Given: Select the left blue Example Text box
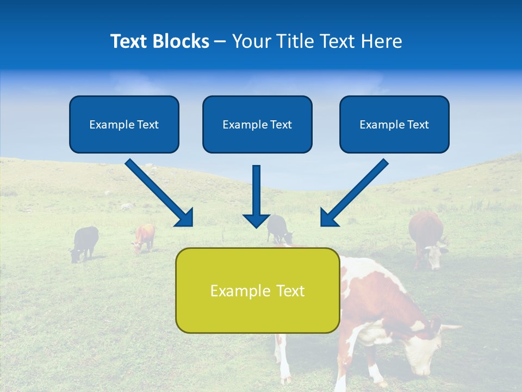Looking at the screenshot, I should click(x=124, y=124).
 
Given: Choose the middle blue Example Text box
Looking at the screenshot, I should click(x=257, y=124).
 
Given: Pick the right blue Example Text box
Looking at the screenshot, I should click(x=394, y=124).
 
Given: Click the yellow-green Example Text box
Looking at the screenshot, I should click(x=257, y=290).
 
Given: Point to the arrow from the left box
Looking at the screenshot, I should click(x=159, y=192).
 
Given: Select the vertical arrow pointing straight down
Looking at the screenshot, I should click(x=256, y=196).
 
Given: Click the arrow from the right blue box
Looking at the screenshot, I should click(x=355, y=192).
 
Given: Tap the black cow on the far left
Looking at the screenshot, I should click(x=85, y=243).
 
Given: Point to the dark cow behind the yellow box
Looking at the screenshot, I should click(x=279, y=229).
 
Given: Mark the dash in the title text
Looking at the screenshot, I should click(x=220, y=42).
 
